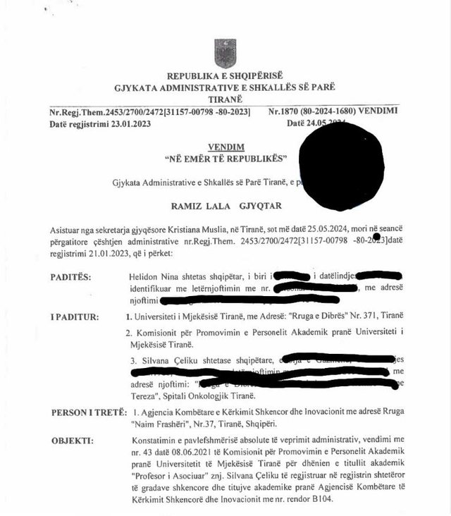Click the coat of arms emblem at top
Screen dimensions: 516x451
pyautogui.click(x=225, y=53)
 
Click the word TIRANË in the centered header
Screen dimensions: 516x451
pyautogui.click(x=225, y=99)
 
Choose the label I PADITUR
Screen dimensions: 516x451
pyautogui.click(x=75, y=317)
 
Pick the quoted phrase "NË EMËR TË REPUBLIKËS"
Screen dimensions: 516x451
pyautogui.click(x=226, y=158)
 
